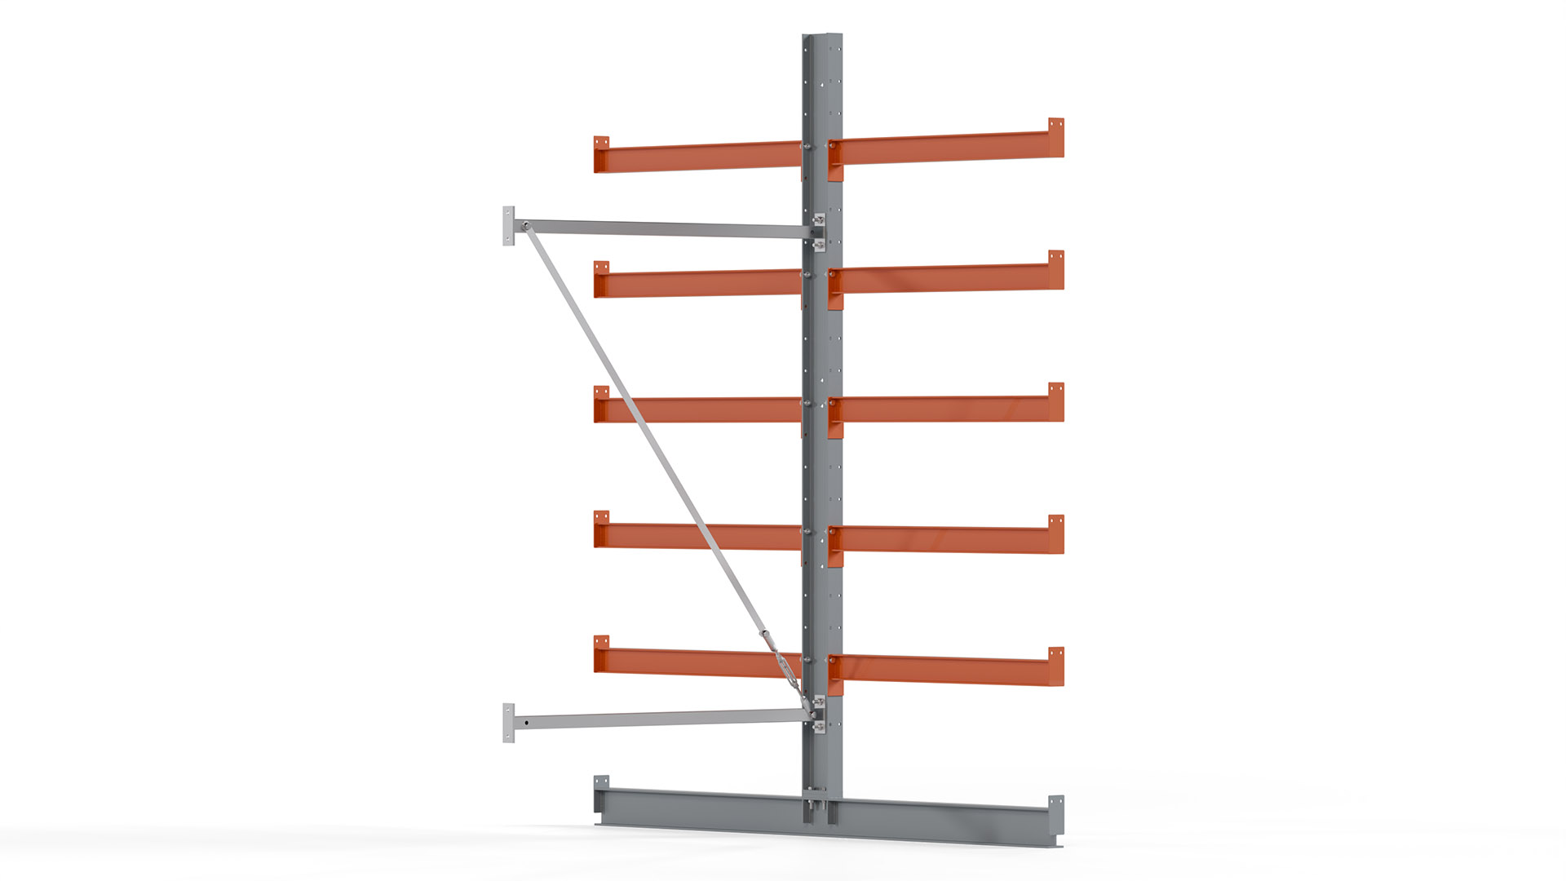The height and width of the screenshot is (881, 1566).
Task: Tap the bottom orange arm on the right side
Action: pyautogui.click(x=946, y=670)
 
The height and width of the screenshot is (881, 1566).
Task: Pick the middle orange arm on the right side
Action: pyautogui.click(x=946, y=409)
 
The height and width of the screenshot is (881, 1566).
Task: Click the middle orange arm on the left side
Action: pyautogui.click(x=701, y=410)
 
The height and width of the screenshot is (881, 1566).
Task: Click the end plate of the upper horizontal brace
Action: pyautogui.click(x=509, y=226)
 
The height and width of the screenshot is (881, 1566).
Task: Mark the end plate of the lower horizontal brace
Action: pyautogui.click(x=509, y=723)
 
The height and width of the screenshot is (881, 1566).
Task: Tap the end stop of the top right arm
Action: pyautogui.click(x=1056, y=136)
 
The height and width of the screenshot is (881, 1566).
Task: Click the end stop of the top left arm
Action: pyautogui.click(x=601, y=153)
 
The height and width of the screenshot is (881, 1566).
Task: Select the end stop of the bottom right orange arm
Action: pyautogui.click(x=1056, y=666)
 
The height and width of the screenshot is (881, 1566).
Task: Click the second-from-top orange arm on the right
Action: pyautogui.click(x=946, y=278)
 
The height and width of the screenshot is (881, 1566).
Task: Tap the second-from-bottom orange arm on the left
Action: pyautogui.click(x=701, y=536)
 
